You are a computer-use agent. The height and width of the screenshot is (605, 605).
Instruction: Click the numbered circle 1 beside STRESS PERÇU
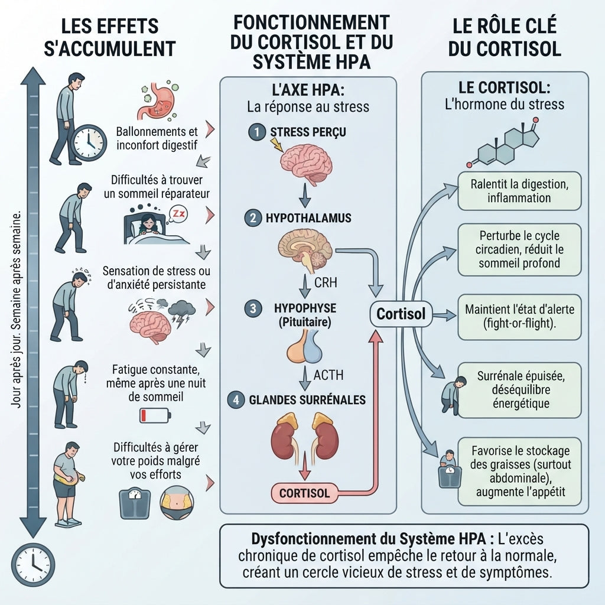[256, 132]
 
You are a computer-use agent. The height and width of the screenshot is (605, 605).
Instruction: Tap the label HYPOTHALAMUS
[308, 218]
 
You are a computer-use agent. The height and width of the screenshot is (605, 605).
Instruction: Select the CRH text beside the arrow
[326, 282]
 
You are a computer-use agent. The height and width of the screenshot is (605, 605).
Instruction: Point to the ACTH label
[328, 375]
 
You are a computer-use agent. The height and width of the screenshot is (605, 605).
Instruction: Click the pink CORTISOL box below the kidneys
[304, 493]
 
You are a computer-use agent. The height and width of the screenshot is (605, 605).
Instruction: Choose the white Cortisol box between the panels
[401, 314]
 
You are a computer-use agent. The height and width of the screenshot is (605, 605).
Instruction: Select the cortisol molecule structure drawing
[503, 143]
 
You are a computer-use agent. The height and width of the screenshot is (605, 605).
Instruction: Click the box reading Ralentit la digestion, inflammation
[519, 191]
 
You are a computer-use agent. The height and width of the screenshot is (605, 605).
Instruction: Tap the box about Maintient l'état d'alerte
[519, 317]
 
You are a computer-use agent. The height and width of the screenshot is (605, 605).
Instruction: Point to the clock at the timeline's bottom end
[33, 565]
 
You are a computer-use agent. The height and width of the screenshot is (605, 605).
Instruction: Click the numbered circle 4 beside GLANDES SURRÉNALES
[236, 400]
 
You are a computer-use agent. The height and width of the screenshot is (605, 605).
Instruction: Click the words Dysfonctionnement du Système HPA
[368, 539]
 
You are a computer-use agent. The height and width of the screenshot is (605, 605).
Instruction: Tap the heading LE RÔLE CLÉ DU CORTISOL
[505, 37]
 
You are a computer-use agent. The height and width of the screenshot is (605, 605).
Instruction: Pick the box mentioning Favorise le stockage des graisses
[519, 471]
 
